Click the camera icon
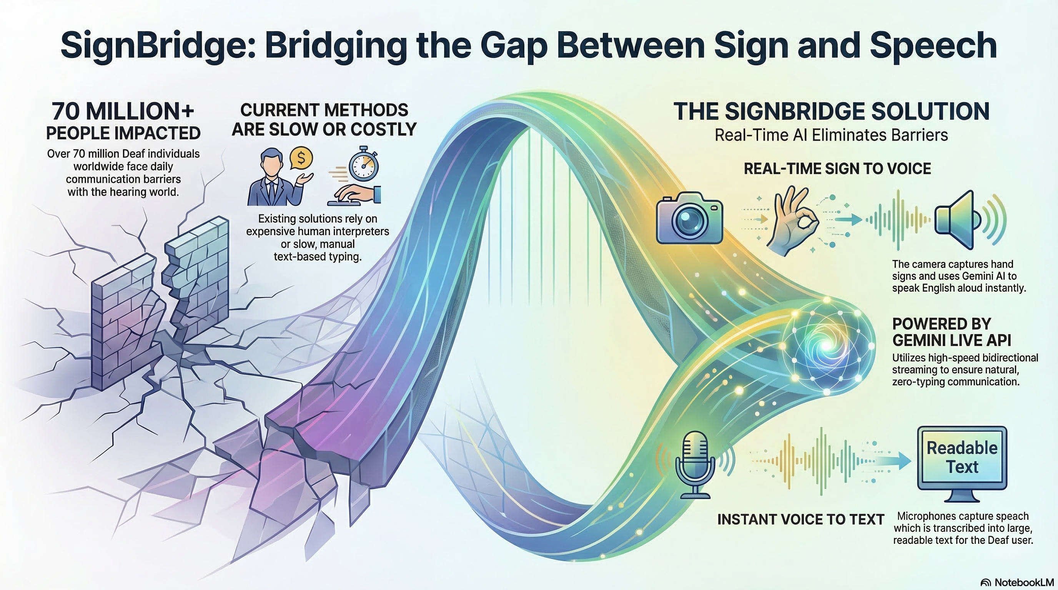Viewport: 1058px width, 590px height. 690,218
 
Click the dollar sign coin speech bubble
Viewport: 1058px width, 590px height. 301,158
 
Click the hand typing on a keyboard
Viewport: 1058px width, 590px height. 355,194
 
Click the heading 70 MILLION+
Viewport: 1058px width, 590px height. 123,111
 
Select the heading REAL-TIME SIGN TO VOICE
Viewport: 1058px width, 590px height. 837,169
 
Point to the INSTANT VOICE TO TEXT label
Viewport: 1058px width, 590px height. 800,519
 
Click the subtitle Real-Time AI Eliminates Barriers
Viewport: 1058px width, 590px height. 831,135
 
